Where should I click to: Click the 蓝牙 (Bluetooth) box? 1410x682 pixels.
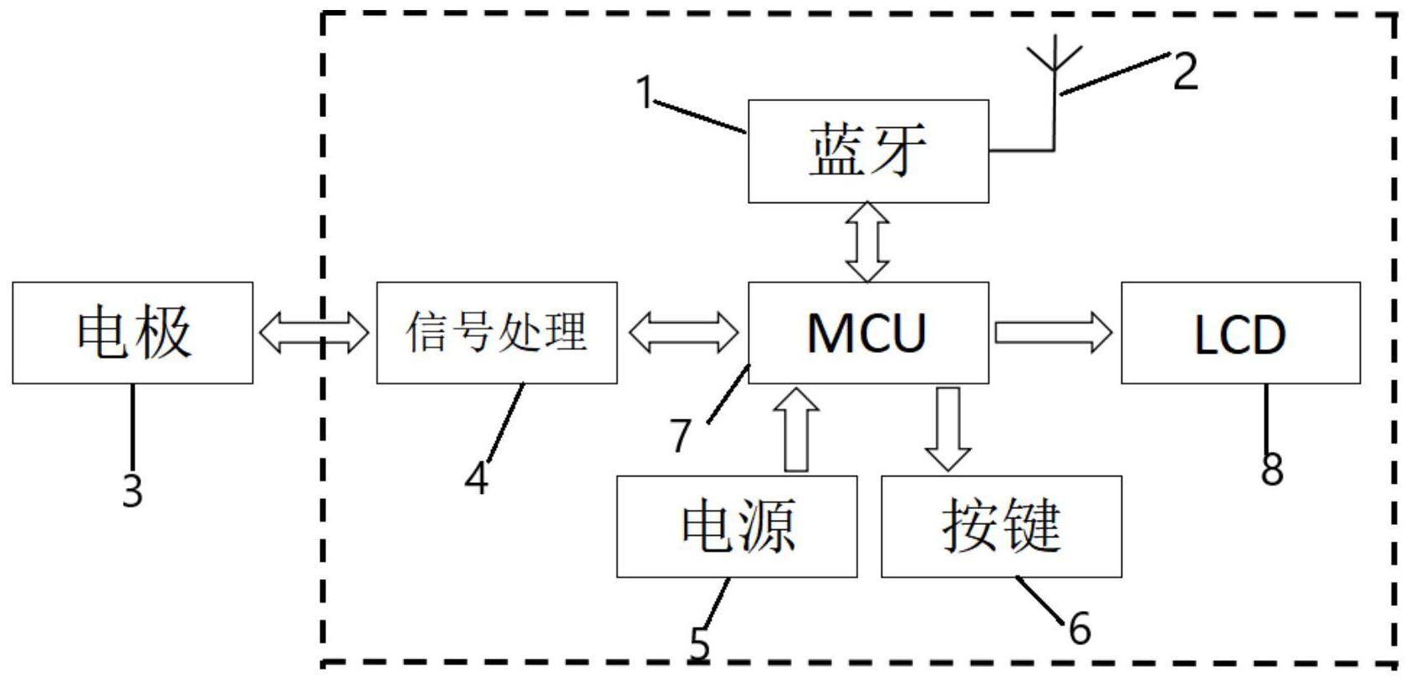pos(868,151)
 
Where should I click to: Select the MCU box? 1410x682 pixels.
pos(868,333)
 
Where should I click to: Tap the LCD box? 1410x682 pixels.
pos(1240,333)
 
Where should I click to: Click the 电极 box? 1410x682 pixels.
pos(132,333)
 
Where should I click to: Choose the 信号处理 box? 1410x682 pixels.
pos(497,333)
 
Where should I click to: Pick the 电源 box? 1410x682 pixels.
pos(737,527)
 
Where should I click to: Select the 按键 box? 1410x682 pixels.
pos(1001,527)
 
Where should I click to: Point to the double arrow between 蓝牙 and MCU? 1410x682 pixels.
pos(868,242)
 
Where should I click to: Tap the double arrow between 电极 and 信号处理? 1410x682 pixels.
pos(314,333)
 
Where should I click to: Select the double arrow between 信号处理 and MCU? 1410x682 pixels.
pos(683,333)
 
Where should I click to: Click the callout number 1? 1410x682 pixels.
pos(644,92)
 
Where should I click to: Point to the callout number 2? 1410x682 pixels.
pos(1185,71)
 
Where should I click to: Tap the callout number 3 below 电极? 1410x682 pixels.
pos(132,490)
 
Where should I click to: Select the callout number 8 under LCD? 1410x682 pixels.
pos(1271,469)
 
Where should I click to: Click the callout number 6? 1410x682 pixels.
pos(1080,628)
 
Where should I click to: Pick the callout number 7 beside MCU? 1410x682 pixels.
pos(682,435)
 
